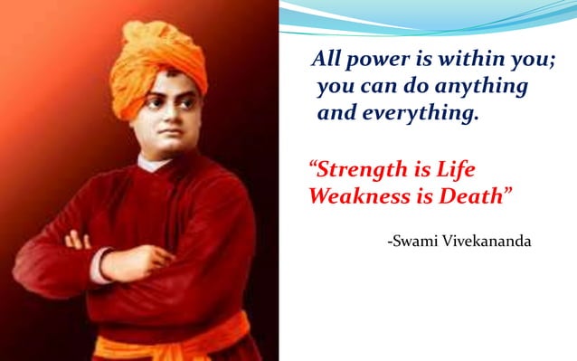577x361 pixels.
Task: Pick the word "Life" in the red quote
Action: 453,169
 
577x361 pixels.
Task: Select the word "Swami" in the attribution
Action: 413,242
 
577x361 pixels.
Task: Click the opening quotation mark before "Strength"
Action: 314,166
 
